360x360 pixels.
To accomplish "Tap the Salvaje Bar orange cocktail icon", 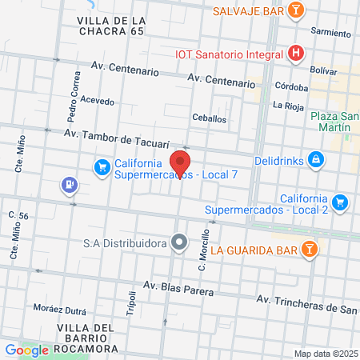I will [296, 10].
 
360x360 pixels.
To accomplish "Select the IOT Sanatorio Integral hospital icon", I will [296, 54].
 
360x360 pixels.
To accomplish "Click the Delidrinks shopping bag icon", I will [317, 160].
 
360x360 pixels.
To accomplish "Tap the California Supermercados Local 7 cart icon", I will [102, 167].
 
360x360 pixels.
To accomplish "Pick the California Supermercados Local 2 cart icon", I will [341, 202].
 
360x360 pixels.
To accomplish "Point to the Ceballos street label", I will [209, 118].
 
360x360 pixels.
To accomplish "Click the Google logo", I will [26, 350].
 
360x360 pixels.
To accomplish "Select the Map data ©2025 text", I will [325, 354].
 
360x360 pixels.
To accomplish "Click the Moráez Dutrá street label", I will [58, 307].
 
